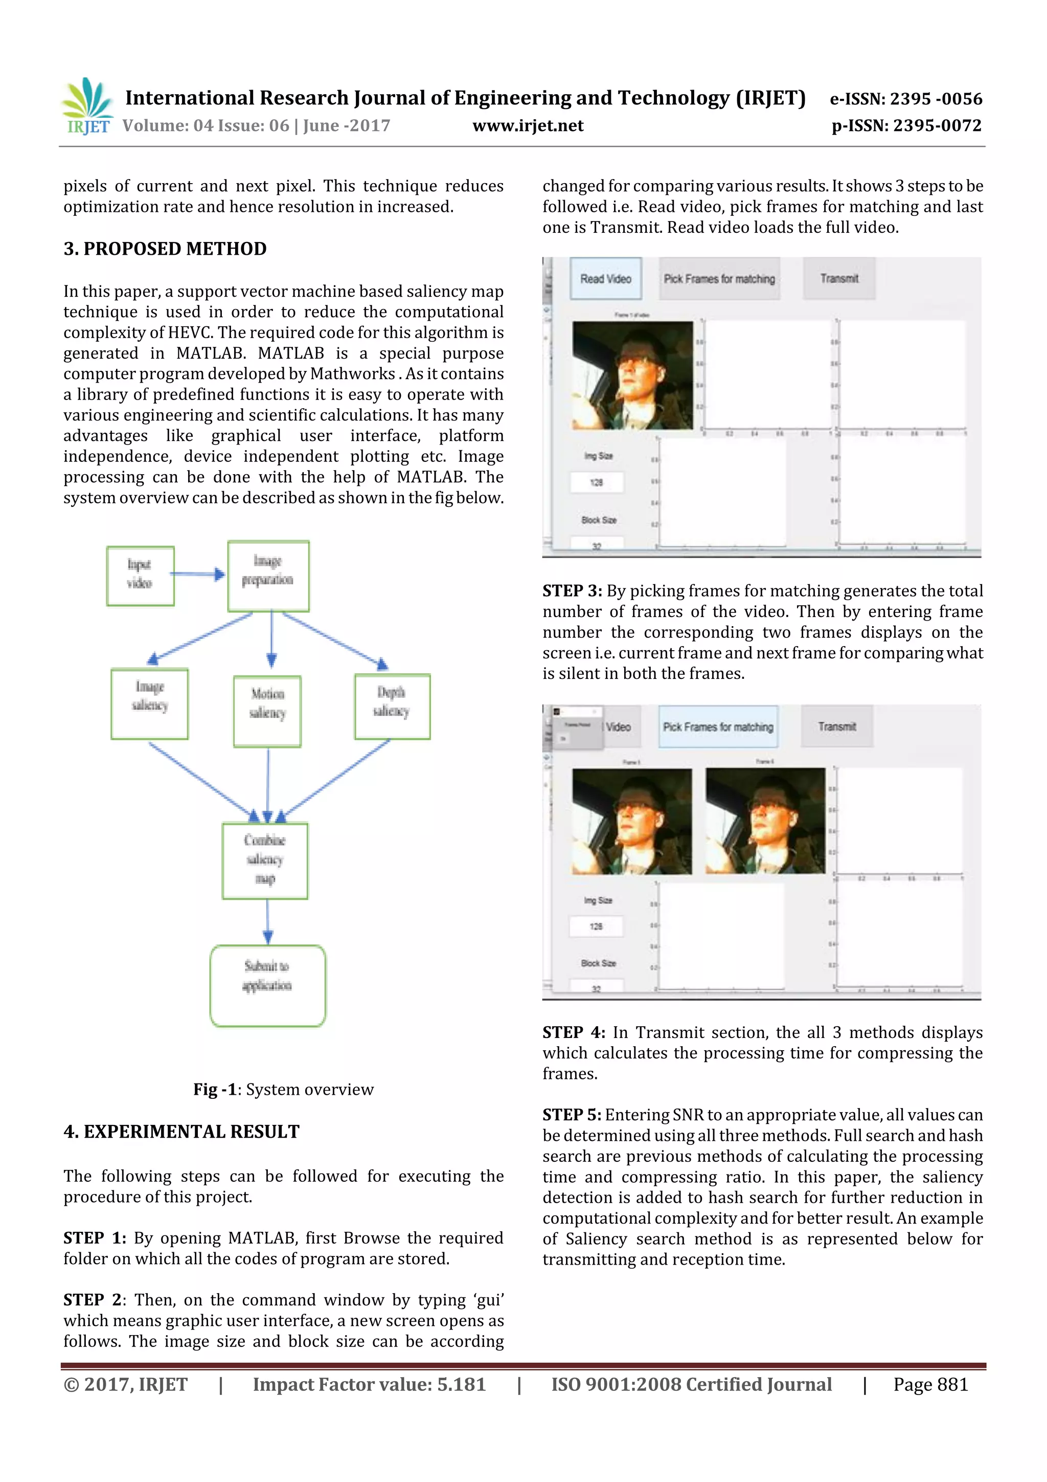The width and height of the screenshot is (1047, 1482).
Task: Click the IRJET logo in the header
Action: [x=87, y=106]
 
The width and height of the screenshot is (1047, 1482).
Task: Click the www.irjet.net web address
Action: [x=528, y=126]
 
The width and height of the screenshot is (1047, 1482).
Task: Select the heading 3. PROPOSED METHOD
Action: [x=165, y=249]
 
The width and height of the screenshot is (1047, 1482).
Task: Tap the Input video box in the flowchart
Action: [x=140, y=576]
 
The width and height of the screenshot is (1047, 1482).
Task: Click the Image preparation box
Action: [x=268, y=576]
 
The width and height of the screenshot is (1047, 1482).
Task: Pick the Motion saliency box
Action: [x=267, y=711]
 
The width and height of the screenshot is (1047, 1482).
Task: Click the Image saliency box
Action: [x=150, y=703]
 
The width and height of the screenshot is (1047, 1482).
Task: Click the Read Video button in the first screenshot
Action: [x=605, y=279]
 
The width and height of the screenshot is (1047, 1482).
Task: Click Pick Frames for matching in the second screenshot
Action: [x=718, y=727]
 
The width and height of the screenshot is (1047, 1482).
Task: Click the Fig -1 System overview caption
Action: [x=283, y=1090]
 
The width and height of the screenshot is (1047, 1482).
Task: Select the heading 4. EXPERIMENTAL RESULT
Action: [x=181, y=1132]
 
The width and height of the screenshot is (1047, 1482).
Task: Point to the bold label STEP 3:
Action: [x=572, y=591]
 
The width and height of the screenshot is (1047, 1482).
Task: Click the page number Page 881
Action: [x=930, y=1384]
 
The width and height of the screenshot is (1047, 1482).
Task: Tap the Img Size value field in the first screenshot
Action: [x=597, y=482]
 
